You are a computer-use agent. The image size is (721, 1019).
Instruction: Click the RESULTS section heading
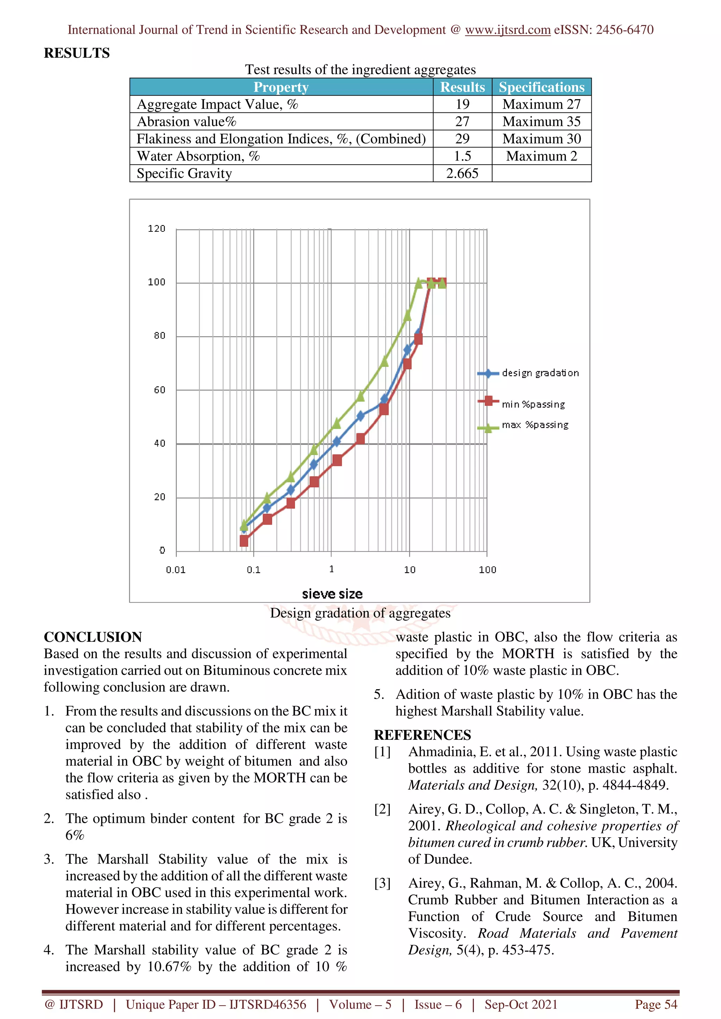pyautogui.click(x=76, y=53)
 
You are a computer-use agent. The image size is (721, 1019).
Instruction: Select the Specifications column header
pyautogui.click(x=541, y=87)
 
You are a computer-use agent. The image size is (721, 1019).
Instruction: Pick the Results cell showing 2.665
pyautogui.click(x=462, y=173)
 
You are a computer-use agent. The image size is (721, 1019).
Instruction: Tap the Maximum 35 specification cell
pyautogui.click(x=541, y=122)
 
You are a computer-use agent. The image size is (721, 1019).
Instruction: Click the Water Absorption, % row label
pyautogui.click(x=198, y=156)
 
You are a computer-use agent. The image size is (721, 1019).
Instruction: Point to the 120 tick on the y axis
pyautogui.click(x=156, y=229)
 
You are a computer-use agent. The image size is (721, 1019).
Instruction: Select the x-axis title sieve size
pyautogui.click(x=332, y=594)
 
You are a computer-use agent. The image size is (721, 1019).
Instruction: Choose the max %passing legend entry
pyautogui.click(x=535, y=425)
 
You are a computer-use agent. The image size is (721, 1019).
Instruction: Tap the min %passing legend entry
pyautogui.click(x=533, y=404)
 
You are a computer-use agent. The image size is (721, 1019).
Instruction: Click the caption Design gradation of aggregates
pyautogui.click(x=360, y=613)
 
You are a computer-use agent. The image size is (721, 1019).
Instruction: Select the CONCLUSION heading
pyautogui.click(x=93, y=637)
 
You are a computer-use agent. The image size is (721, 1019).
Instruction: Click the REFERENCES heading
pyautogui.click(x=422, y=735)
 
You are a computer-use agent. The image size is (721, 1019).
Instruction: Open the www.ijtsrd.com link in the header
pyautogui.click(x=507, y=30)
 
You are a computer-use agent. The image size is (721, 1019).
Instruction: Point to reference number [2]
pyautogui.click(x=382, y=809)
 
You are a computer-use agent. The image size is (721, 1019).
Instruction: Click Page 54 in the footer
pyautogui.click(x=656, y=1004)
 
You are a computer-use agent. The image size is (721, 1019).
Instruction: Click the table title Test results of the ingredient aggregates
pyautogui.click(x=360, y=70)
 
